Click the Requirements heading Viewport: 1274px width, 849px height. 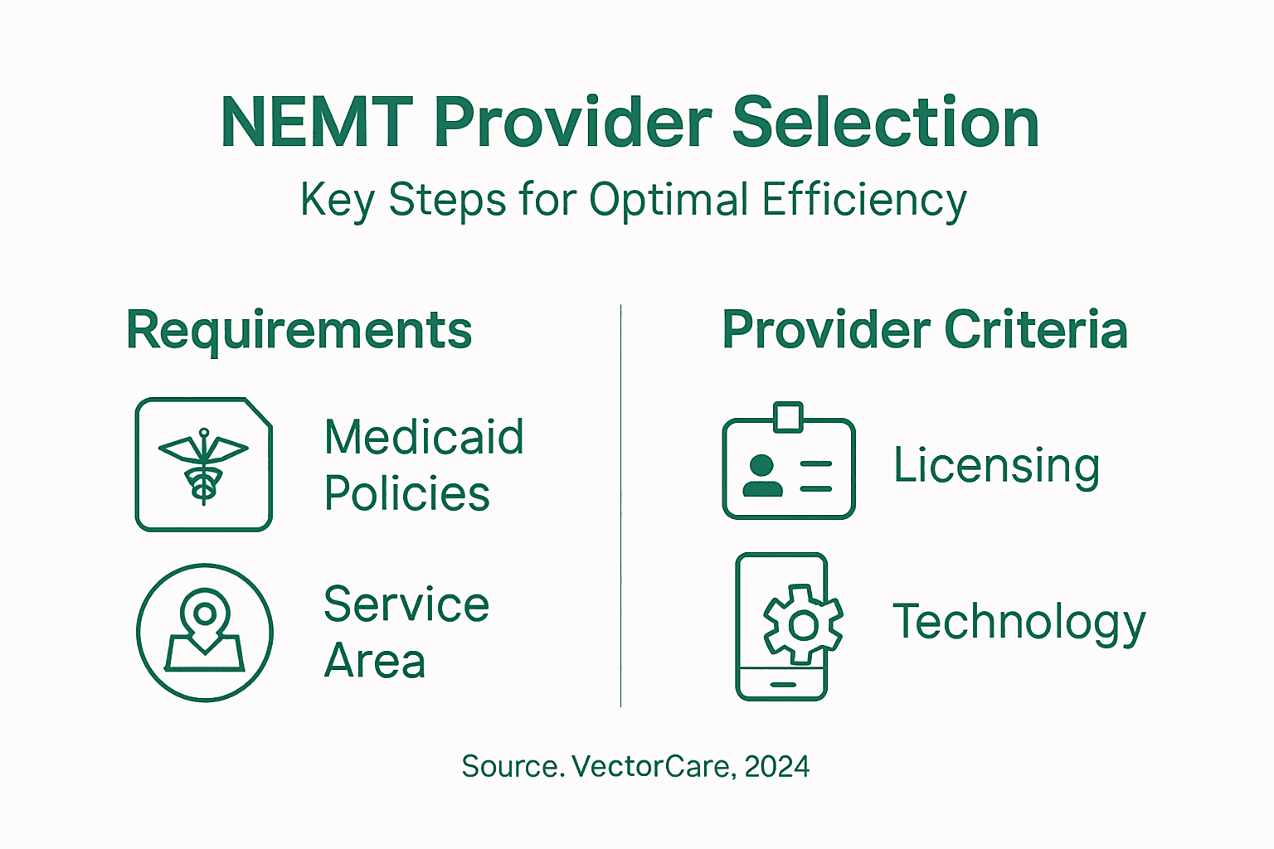[299, 330]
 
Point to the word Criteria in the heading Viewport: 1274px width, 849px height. [1036, 330]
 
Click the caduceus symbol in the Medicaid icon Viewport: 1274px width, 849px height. [203, 466]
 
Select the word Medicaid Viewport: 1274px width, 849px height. [424, 437]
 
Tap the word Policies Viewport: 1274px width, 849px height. [406, 494]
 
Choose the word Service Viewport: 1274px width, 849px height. [406, 604]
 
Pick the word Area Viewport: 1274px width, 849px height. [375, 662]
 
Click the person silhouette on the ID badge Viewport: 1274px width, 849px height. [761, 476]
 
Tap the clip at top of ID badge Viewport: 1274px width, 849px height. [788, 416]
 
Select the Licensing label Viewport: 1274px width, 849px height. [996, 466]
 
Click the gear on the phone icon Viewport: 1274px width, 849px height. [802, 624]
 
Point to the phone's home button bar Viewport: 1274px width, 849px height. [782, 685]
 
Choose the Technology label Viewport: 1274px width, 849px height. [1019, 623]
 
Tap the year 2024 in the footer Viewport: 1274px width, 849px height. [776, 766]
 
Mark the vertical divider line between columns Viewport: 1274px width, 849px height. [620, 506]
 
